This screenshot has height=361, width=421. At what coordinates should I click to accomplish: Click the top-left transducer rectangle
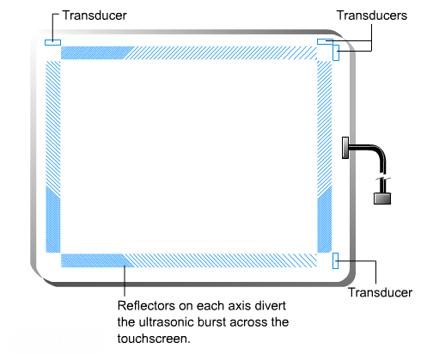coord(52,42)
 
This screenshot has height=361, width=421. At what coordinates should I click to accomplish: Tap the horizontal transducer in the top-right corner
coord(325,41)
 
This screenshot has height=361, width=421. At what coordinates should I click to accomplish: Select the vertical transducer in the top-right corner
coord(336,52)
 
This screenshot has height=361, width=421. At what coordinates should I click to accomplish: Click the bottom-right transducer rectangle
coord(335,260)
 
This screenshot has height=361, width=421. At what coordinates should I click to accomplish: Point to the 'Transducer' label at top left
coord(95,15)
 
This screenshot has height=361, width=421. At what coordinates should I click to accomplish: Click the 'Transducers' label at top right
coord(372,15)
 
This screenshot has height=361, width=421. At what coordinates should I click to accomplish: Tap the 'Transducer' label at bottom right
coord(380,292)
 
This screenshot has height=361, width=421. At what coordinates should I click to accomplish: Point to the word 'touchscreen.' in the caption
coord(154,339)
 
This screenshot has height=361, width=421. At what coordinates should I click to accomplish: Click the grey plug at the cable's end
coord(382,199)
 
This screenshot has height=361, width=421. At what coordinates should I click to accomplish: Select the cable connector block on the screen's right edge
coord(345,148)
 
